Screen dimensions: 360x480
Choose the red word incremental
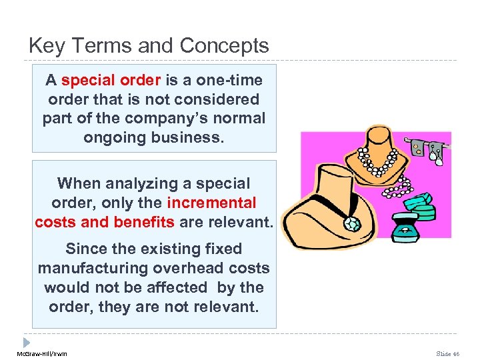211,203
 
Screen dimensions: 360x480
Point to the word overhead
188,268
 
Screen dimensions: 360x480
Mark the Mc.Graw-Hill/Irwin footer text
41,353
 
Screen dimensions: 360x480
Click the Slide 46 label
447,353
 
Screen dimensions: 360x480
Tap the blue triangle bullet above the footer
27,341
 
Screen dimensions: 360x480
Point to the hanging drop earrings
436,149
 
